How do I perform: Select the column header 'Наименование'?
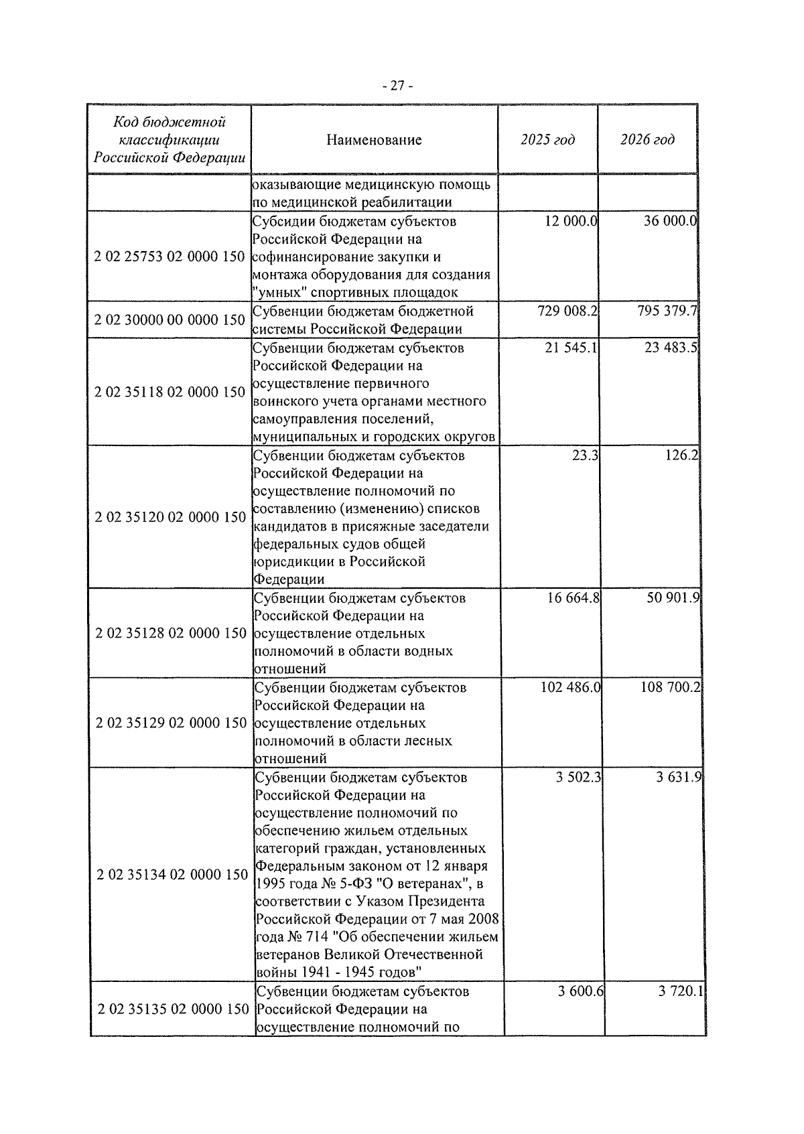click(x=374, y=140)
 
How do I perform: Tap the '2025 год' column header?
click(x=547, y=140)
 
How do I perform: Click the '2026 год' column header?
click(x=647, y=140)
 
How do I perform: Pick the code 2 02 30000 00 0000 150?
click(x=170, y=320)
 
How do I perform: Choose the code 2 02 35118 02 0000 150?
click(x=170, y=393)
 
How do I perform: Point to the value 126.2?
click(x=683, y=455)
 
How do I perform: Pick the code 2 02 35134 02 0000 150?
click(x=172, y=875)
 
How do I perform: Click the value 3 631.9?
click(x=679, y=778)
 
